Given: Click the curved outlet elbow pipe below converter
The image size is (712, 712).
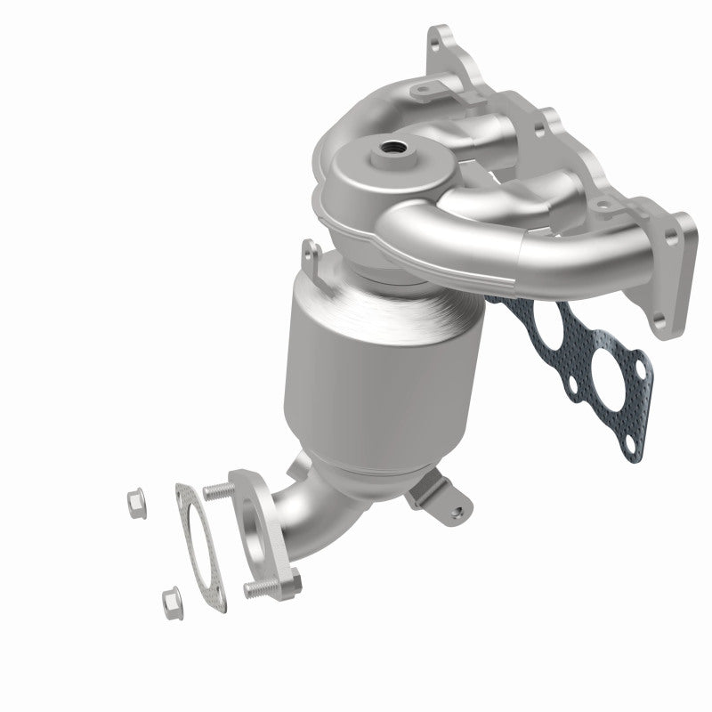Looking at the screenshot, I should click(x=307, y=516).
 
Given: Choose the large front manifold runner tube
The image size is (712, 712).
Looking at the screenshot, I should click(x=498, y=240).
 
